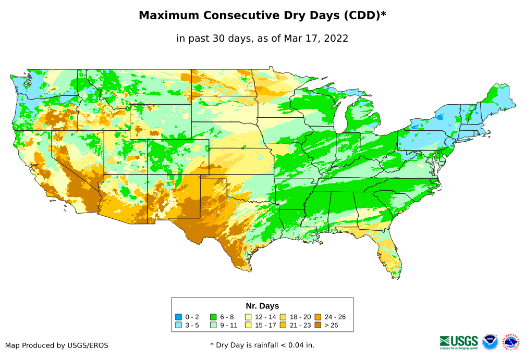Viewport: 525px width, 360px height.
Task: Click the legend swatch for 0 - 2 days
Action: point(178,317)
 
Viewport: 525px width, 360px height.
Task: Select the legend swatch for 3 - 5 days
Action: point(178,325)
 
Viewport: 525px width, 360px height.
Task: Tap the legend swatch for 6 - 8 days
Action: point(213,317)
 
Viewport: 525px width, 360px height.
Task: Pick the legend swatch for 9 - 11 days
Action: point(213,325)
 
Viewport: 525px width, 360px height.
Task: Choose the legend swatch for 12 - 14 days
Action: point(248,317)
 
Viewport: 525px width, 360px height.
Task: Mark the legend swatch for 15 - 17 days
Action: point(248,325)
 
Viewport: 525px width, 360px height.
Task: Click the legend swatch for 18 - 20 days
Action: point(283,317)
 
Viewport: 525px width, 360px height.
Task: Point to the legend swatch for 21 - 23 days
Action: point(283,325)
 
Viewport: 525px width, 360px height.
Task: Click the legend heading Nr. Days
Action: point(262,306)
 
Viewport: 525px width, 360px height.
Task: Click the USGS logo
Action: point(459,342)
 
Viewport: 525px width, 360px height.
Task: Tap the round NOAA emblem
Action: point(490,342)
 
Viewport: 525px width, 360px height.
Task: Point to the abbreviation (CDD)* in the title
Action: point(364,16)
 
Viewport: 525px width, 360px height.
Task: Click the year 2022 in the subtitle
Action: point(336,38)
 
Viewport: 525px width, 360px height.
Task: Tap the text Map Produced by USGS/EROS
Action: point(57,345)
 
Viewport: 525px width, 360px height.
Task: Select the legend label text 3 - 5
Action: point(192,325)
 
